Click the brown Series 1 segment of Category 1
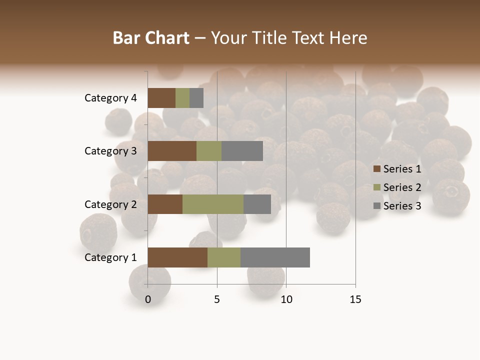pyautogui.click(x=177, y=257)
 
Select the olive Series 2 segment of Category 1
pyautogui.click(x=224, y=257)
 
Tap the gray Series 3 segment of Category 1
pyautogui.click(x=275, y=257)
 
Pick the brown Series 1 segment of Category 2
pyautogui.click(x=165, y=204)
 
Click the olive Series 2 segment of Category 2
pyautogui.click(x=213, y=204)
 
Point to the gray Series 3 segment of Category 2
pyautogui.click(x=257, y=204)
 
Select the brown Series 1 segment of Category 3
pyautogui.click(x=172, y=151)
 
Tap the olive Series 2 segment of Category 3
pyautogui.click(x=209, y=151)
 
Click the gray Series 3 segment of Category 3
pyautogui.click(x=242, y=151)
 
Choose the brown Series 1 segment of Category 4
pyautogui.click(x=161, y=98)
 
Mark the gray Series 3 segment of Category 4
pyautogui.click(x=196, y=98)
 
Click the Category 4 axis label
pyautogui.click(x=110, y=98)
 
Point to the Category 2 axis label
pyautogui.click(x=110, y=204)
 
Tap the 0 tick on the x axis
pyautogui.click(x=148, y=299)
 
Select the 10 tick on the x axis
pyautogui.click(x=286, y=299)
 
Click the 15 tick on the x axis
pyautogui.click(x=355, y=299)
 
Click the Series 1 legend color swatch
pyautogui.click(x=377, y=169)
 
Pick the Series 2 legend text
pyautogui.click(x=402, y=187)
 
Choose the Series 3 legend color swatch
pyautogui.click(x=377, y=206)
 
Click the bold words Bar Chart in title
pyautogui.click(x=150, y=38)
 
